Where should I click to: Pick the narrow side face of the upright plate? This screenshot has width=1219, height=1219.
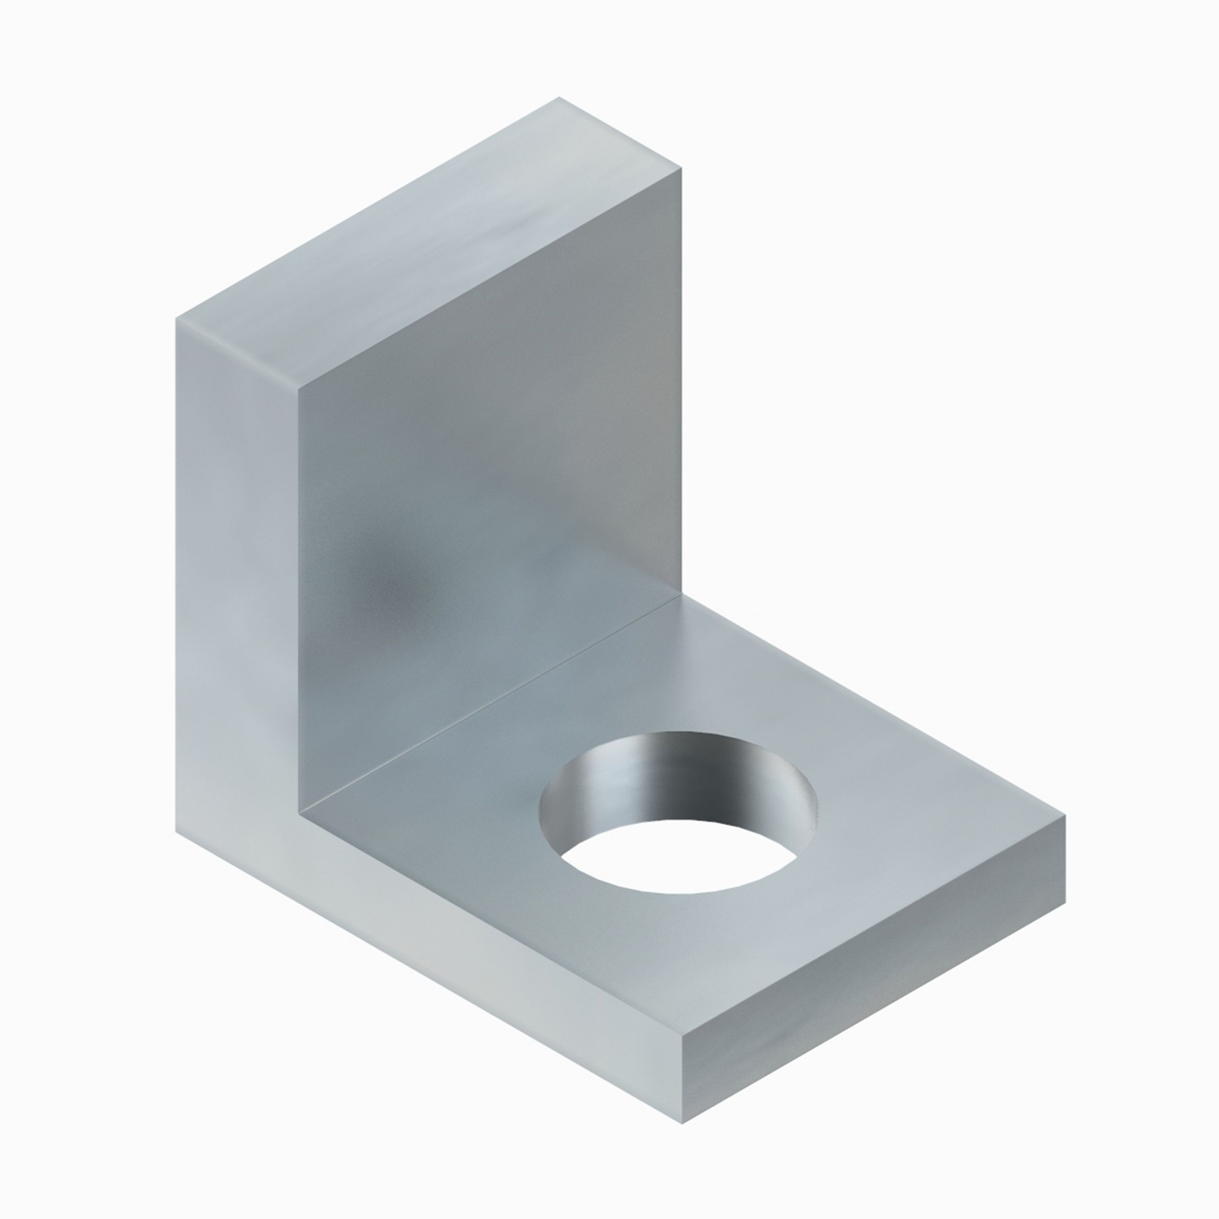click(236, 568)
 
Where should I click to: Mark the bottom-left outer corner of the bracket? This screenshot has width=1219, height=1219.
click(176, 831)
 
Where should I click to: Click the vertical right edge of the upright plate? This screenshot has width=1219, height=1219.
click(682, 378)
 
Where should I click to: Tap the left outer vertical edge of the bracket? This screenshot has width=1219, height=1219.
click(176, 568)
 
